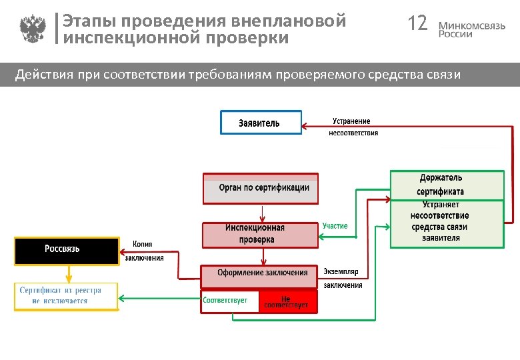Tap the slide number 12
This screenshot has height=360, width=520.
pyautogui.click(x=417, y=24)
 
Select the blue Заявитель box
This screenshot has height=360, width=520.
pyautogui.click(x=261, y=123)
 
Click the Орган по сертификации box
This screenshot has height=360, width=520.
pyautogui.click(x=261, y=188)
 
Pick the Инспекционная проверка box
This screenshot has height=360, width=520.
pyautogui.click(x=261, y=234)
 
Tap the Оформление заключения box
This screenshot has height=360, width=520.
pyautogui.click(x=261, y=273)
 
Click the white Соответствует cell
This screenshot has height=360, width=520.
pyautogui.click(x=229, y=301)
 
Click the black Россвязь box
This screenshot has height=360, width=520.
pyautogui.click(x=65, y=250)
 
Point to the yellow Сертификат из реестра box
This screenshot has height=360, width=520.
pyautogui.click(x=65, y=296)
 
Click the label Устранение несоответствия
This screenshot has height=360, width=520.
pyautogui.click(x=353, y=127)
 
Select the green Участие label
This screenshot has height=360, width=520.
pyautogui.click(x=335, y=226)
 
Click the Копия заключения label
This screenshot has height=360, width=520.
pyautogui.click(x=144, y=251)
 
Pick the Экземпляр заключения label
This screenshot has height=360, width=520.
pyautogui.click(x=343, y=278)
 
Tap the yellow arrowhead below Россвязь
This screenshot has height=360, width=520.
pyautogui.click(x=67, y=278)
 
